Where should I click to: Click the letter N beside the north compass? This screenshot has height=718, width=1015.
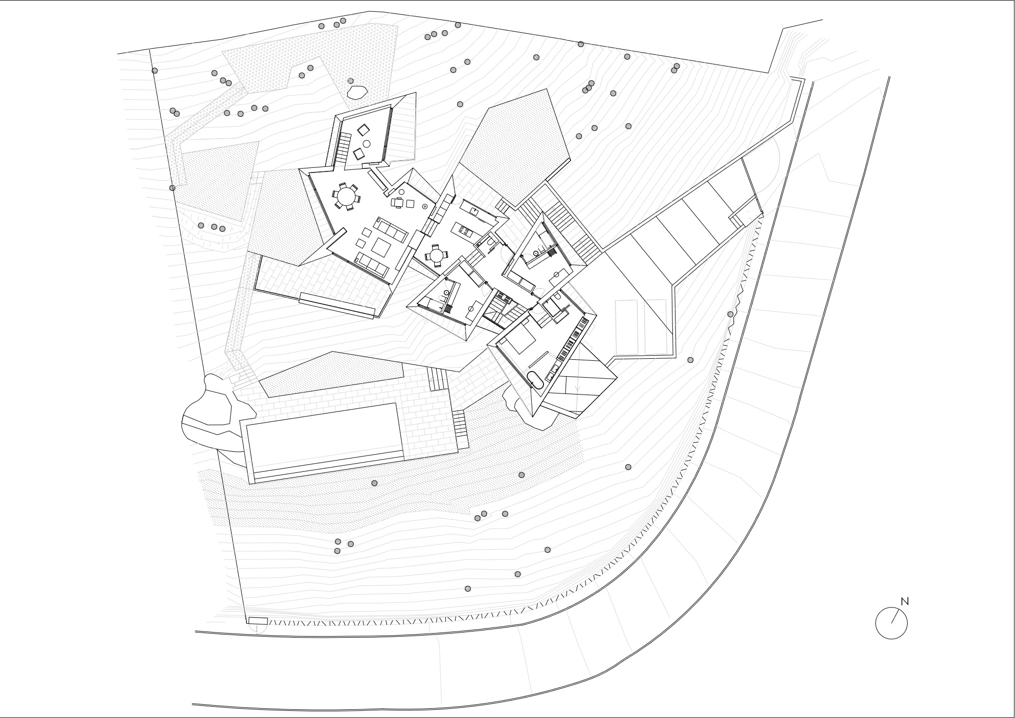905,601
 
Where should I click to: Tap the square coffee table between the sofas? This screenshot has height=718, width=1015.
381,248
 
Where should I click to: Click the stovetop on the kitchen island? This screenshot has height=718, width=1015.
464,231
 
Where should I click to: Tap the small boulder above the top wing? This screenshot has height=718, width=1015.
357,92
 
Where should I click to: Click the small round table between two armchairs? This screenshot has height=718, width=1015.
367,144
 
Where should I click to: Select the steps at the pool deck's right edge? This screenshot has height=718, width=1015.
460,428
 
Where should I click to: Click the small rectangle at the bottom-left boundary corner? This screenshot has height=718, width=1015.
258,620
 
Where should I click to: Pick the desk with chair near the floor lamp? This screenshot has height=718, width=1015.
403,203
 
